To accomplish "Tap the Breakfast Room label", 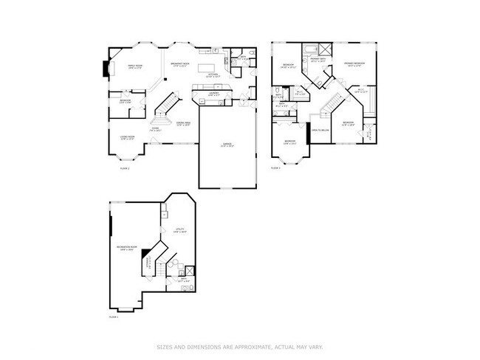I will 178,66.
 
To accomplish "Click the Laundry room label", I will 213,94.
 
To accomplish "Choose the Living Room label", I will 128,137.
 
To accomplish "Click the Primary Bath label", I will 318,60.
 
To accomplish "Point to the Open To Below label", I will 320,129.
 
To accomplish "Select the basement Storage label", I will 149,261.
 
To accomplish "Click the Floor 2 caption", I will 275,168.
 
